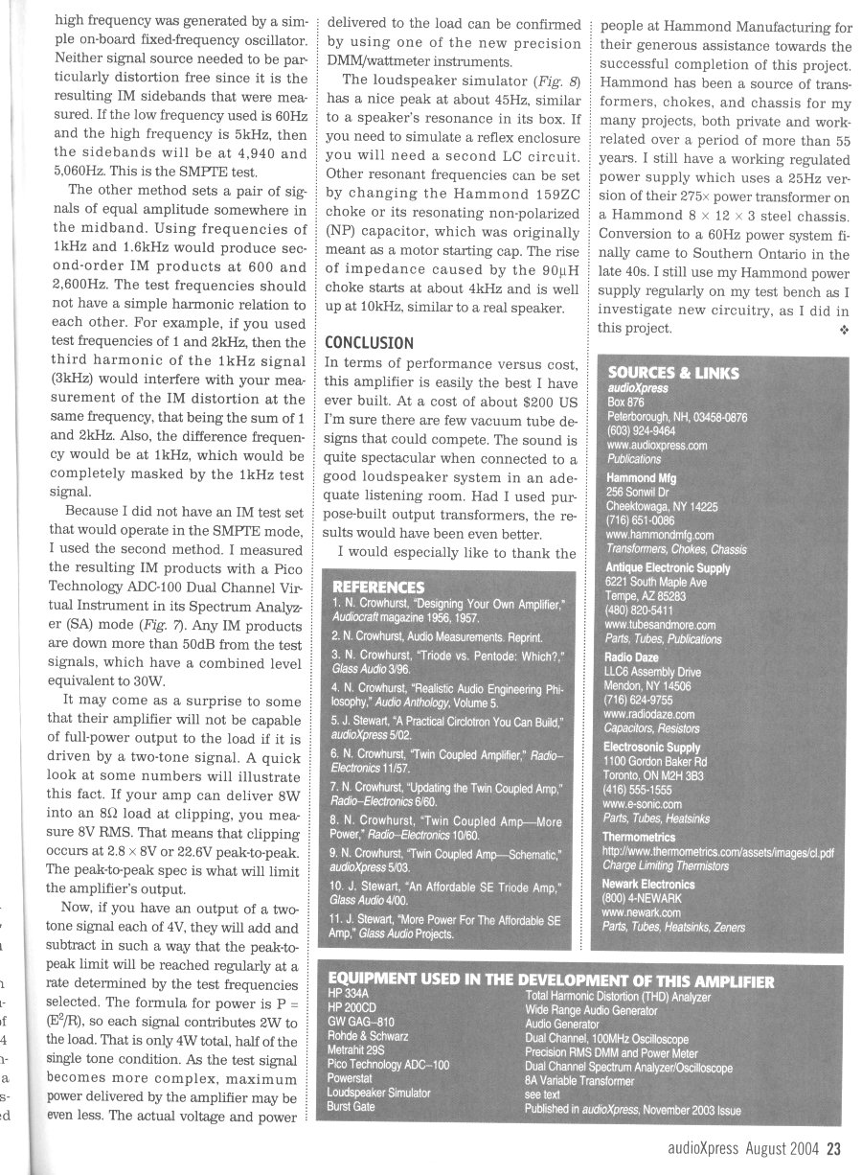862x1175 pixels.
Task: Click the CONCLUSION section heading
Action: (370, 343)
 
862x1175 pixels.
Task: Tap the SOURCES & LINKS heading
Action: (673, 373)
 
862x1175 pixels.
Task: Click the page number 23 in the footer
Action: (833, 1152)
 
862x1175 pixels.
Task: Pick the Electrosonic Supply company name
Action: (651, 747)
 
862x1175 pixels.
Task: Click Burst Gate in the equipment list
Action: (351, 1106)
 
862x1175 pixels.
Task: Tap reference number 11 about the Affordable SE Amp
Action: (446, 925)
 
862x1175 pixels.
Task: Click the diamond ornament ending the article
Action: (843, 329)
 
